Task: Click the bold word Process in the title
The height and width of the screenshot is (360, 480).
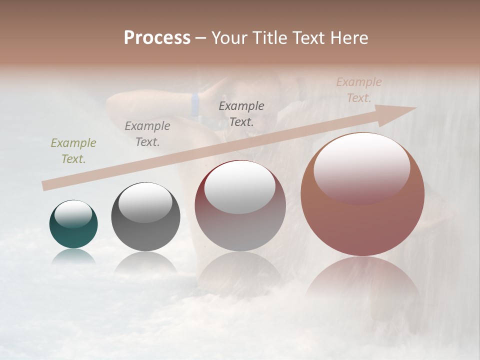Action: point(157,38)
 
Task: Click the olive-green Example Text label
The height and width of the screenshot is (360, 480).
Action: point(73,151)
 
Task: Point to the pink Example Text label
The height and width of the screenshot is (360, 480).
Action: point(358,90)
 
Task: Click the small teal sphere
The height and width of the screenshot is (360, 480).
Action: point(73,224)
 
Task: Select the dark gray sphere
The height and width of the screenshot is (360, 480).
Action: point(145,216)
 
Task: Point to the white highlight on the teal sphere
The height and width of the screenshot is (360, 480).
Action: point(73,214)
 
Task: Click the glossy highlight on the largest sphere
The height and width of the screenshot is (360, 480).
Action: point(361,167)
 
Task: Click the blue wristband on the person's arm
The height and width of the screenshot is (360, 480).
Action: point(195,103)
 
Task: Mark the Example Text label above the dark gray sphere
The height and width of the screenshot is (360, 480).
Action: point(147,134)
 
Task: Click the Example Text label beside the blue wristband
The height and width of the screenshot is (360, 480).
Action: point(241,113)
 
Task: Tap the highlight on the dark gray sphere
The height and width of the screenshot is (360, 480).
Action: point(145,202)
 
